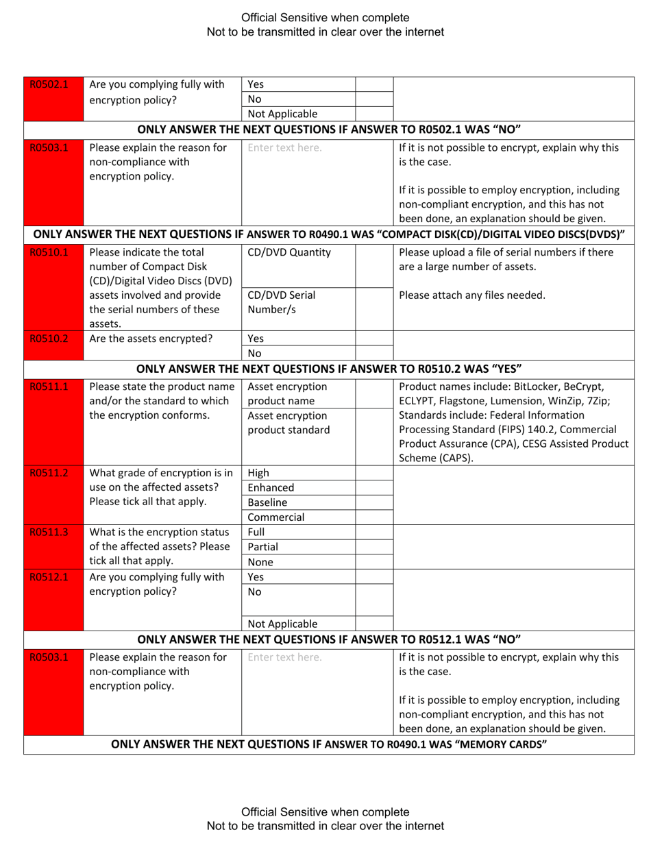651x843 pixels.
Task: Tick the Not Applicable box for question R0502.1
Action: point(374,114)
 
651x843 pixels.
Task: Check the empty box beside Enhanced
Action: point(374,487)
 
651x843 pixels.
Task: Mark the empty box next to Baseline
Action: point(374,502)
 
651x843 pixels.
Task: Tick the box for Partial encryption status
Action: point(374,547)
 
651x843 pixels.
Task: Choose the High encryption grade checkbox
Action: point(374,472)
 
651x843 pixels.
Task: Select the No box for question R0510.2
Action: point(374,354)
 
